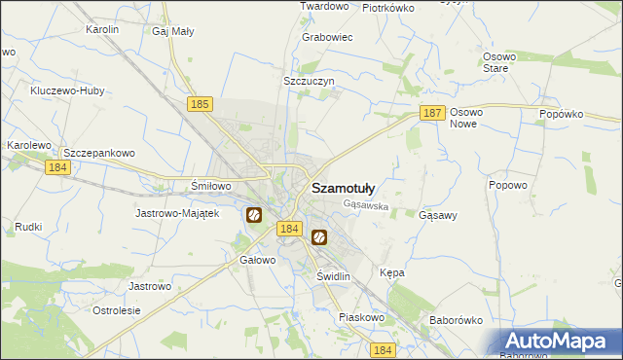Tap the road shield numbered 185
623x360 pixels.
[x=201, y=103]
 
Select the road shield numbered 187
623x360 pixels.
[x=433, y=114]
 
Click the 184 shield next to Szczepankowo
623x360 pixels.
[x=57, y=167]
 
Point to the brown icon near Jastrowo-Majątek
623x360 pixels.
[x=254, y=215]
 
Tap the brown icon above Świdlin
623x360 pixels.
[x=318, y=236]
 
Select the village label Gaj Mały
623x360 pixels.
[x=173, y=31]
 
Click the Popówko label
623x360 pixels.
[x=561, y=114]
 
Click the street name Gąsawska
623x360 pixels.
[x=366, y=206]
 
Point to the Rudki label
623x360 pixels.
[x=28, y=227]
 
